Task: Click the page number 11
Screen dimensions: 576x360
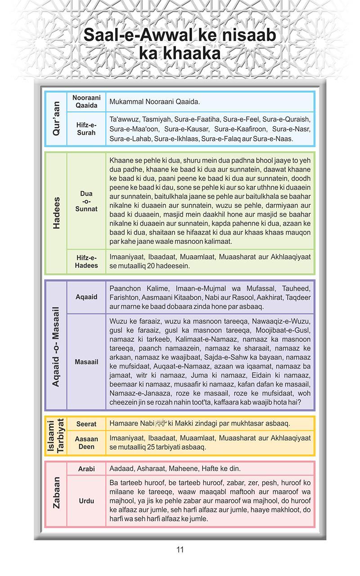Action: pyautogui.click(x=180, y=549)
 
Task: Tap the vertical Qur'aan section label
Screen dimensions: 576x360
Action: pyautogui.click(x=56, y=119)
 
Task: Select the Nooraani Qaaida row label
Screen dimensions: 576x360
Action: pyautogui.click(x=86, y=102)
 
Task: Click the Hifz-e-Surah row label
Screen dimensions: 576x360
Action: pyautogui.click(x=86, y=129)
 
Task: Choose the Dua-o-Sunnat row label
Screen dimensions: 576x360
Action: pyautogui.click(x=86, y=201)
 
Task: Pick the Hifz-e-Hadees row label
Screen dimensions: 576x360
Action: pyautogui.click(x=86, y=261)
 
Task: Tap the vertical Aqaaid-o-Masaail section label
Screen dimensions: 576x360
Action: pyautogui.click(x=56, y=346)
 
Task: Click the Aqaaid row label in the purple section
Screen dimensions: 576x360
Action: pyautogui.click(x=86, y=297)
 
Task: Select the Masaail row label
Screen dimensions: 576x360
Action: pyautogui.click(x=86, y=362)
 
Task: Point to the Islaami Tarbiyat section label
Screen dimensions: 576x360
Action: pyautogui.click(x=56, y=436)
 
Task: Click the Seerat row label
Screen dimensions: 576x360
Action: pyautogui.click(x=86, y=424)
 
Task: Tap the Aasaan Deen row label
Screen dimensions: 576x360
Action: pyautogui.click(x=86, y=443)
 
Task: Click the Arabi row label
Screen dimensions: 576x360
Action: pyautogui.click(x=86, y=469)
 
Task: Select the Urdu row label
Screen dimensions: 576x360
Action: pyautogui.click(x=86, y=501)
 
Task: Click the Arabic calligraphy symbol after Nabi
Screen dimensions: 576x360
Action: pyautogui.click(x=161, y=423)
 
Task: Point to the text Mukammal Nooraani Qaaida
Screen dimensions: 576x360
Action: pyautogui.click(x=155, y=102)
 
